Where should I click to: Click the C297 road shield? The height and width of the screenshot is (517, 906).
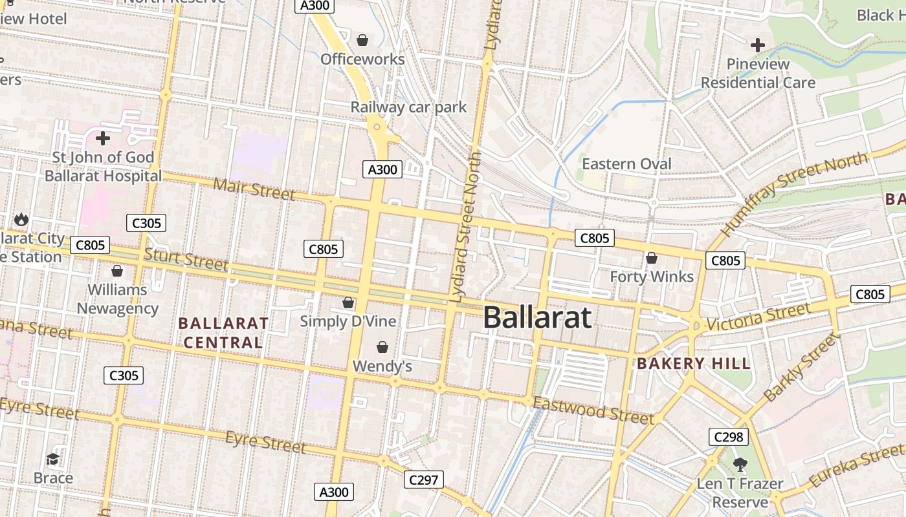424,480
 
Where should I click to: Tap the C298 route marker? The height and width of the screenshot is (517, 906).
728,437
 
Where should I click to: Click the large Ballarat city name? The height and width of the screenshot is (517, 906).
537,317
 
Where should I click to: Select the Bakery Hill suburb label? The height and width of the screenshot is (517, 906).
694,363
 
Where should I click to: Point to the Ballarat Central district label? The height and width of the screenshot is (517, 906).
223,332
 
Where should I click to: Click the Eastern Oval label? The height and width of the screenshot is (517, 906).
626,164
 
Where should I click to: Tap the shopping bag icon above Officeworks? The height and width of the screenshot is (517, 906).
362,40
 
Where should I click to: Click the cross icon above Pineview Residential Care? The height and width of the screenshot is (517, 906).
757,45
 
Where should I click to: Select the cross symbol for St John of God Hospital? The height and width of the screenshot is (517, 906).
102,138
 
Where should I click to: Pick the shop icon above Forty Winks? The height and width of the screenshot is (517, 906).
652,258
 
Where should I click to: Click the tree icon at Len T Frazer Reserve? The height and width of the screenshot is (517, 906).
740,464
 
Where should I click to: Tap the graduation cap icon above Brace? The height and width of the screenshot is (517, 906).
53,459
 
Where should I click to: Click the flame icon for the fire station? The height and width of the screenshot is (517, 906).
21,219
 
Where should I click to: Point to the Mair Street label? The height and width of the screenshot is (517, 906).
254,189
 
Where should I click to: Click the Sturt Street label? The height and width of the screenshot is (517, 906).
186,259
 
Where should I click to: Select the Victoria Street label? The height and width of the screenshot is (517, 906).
758,317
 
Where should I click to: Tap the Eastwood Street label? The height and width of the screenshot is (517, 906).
594,411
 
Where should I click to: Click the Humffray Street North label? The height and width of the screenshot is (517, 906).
793,193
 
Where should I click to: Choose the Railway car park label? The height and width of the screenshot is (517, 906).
408,107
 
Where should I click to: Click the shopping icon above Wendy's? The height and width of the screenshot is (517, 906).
382,347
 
